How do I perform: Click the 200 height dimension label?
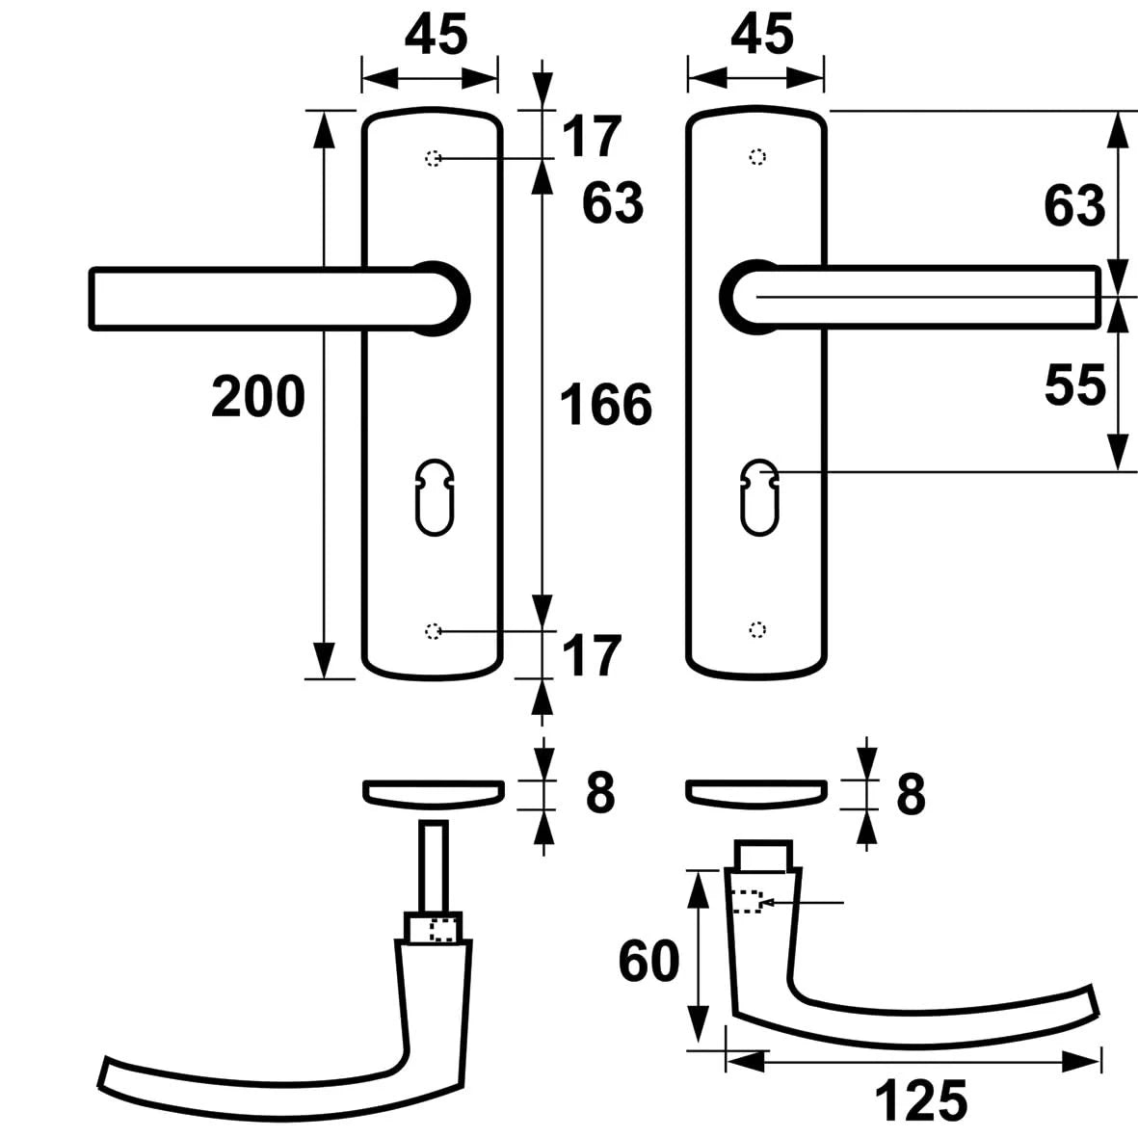click(x=258, y=397)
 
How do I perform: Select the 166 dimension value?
click(x=606, y=405)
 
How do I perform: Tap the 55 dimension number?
click(x=1074, y=386)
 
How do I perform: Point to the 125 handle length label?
click(x=921, y=1101)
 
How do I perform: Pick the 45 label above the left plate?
click(x=436, y=37)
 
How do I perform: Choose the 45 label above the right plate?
click(x=761, y=37)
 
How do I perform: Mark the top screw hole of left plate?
click(x=433, y=158)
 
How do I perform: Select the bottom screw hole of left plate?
click(x=433, y=631)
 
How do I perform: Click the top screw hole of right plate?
click(x=758, y=157)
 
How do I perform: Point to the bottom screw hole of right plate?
click(x=758, y=630)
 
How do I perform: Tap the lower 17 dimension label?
click(x=590, y=657)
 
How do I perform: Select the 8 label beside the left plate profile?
click(x=599, y=794)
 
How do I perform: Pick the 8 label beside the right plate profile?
click(x=911, y=794)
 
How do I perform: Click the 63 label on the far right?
click(x=1074, y=205)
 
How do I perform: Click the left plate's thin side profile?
click(x=433, y=791)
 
